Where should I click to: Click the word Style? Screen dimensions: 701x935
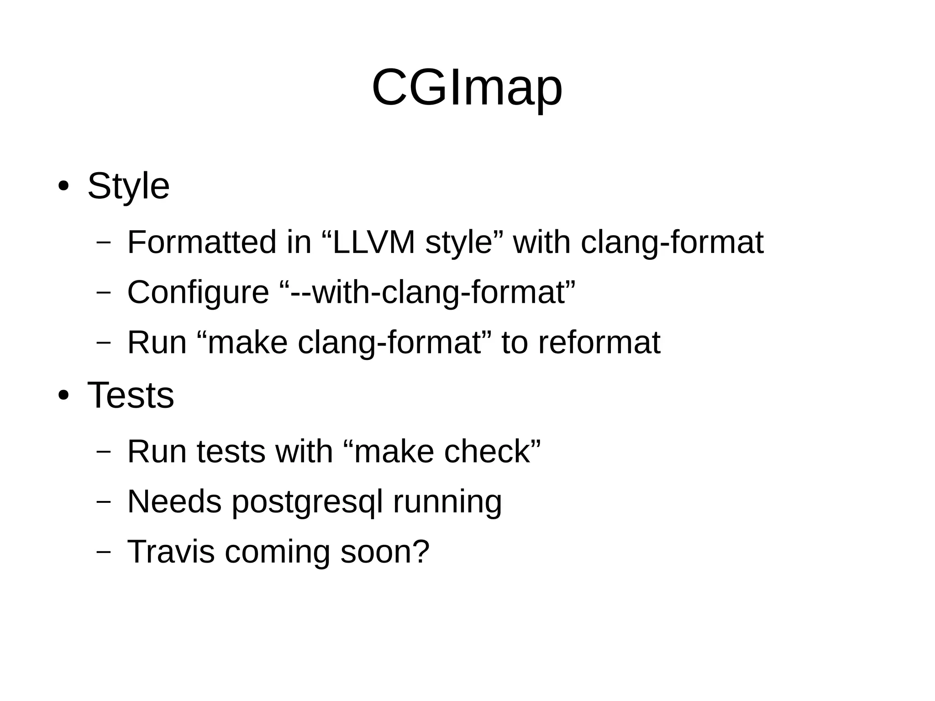coord(128,186)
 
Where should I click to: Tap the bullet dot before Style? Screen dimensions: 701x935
coord(63,186)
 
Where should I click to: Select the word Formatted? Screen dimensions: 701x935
coord(202,242)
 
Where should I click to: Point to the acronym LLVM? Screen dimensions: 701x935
coord(373,242)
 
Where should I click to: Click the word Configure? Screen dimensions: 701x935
coord(198,292)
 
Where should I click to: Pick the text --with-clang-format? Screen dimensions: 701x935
coord(427,292)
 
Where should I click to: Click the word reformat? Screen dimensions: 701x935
coord(599,343)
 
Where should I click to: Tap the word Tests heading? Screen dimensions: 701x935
coord(131,395)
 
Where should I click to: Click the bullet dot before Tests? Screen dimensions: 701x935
coord(63,395)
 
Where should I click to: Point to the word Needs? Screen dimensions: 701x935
coord(174,501)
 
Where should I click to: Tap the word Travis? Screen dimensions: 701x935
coord(171,552)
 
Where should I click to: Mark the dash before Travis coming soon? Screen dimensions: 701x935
coord(104,552)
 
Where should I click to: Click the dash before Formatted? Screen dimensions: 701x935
coord(104,242)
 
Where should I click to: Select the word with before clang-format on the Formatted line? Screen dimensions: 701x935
coord(542,242)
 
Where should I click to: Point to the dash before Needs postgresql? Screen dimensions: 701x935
coord(104,501)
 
